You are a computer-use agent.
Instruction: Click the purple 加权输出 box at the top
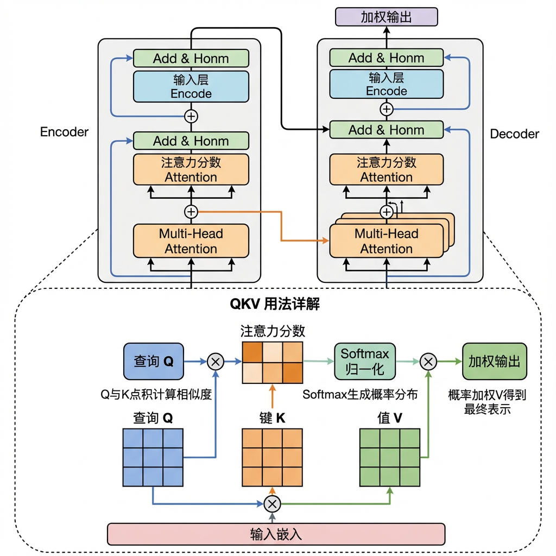(387, 17)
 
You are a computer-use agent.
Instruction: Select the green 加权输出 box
(494, 361)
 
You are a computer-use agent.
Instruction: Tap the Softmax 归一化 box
(365, 361)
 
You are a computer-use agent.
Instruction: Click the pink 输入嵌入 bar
(276, 533)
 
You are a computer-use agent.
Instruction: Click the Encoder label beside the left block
(64, 132)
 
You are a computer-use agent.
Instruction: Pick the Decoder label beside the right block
(515, 134)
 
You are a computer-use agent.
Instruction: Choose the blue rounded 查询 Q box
(154, 361)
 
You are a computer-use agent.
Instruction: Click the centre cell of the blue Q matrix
(153, 457)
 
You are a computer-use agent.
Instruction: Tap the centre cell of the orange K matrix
(272, 457)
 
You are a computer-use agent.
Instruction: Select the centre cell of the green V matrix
(390, 457)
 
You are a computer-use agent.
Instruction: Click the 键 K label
(272, 418)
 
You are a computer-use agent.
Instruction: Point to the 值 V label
(390, 418)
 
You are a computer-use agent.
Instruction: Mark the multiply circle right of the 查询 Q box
(216, 361)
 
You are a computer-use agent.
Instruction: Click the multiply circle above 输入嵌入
(273, 504)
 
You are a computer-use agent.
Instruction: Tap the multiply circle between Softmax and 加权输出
(429, 361)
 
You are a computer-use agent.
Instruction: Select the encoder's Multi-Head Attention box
(191, 241)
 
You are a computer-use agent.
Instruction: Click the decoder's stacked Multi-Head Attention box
(387, 241)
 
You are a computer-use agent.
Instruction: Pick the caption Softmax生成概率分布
(360, 395)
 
